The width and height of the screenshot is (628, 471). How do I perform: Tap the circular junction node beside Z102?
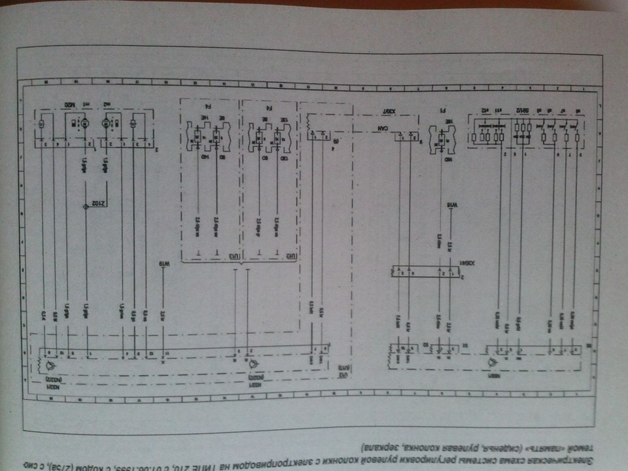[86, 207]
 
